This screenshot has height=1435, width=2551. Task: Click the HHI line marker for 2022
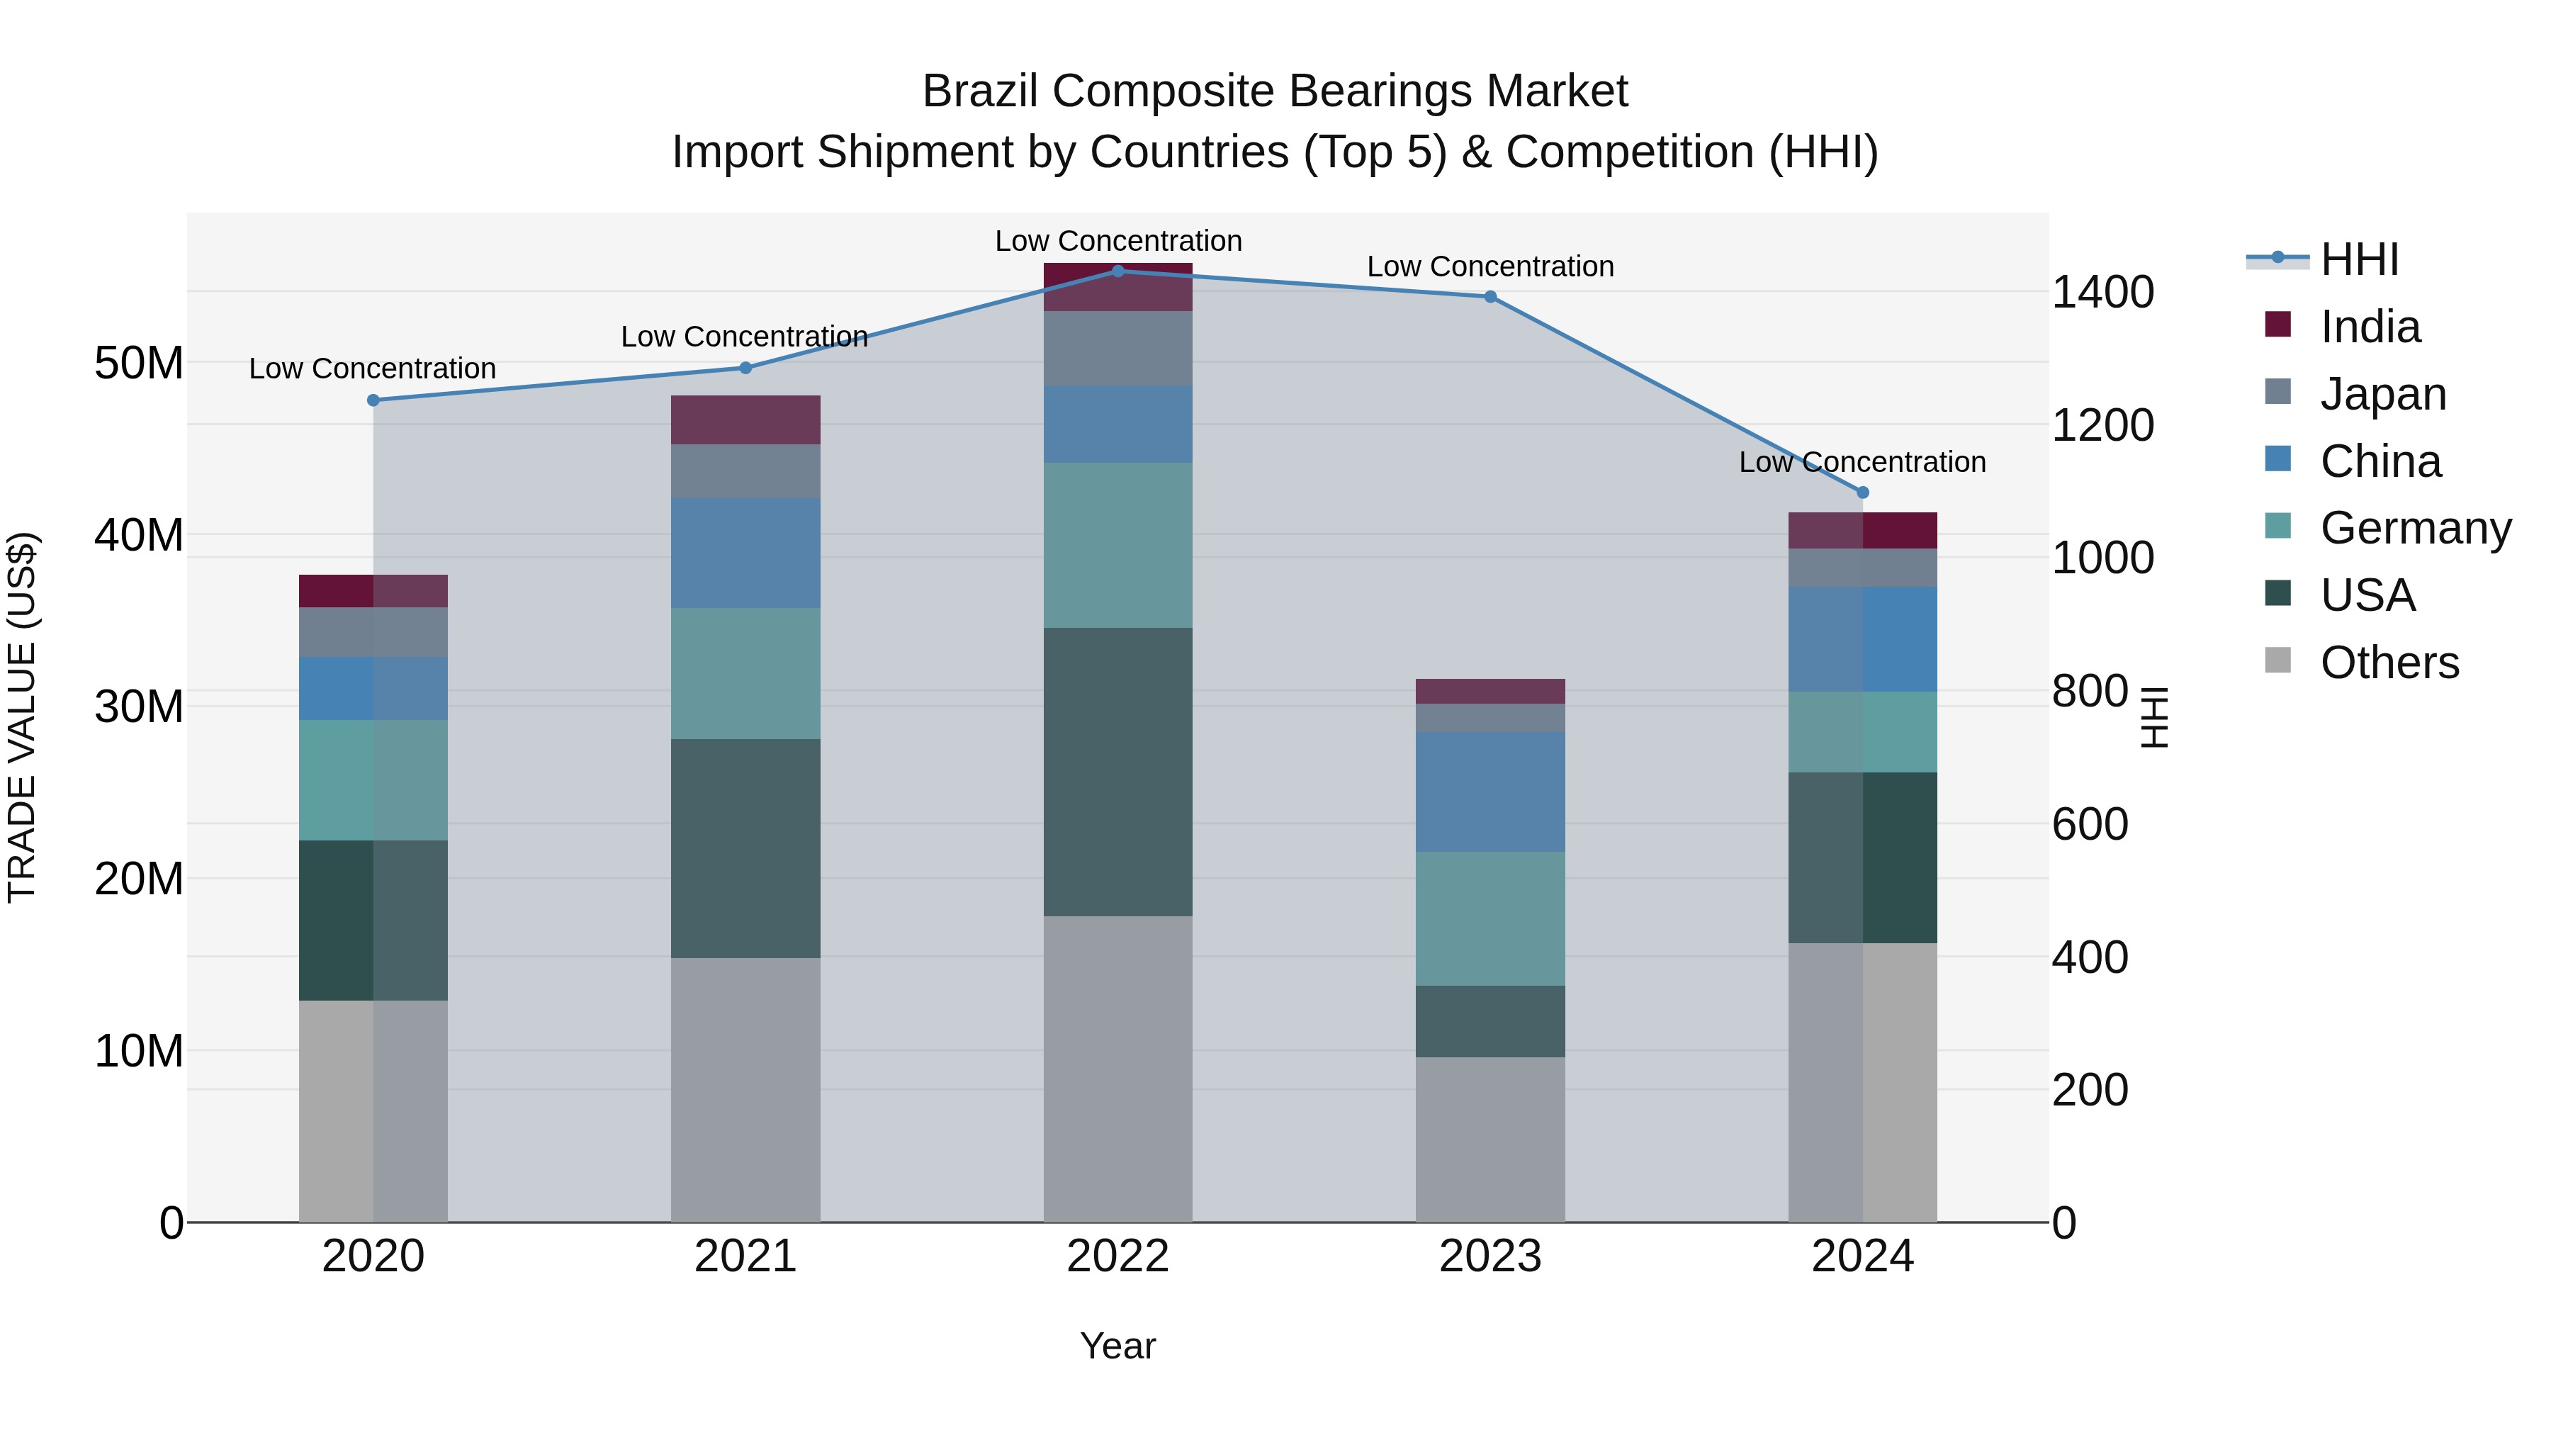tap(1118, 271)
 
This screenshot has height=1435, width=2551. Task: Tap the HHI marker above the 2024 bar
tap(1863, 493)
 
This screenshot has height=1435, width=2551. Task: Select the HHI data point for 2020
tap(373, 400)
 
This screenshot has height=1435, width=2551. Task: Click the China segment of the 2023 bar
tap(1490, 792)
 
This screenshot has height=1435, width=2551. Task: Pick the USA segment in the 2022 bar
tap(1118, 772)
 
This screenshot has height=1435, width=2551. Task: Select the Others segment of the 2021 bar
tap(745, 1089)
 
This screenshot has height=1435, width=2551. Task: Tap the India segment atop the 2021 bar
tap(745, 420)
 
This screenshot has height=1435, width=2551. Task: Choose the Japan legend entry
tap(2382, 394)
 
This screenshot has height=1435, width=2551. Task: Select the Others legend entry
tap(2389, 663)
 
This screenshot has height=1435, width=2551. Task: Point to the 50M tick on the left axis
tap(139, 364)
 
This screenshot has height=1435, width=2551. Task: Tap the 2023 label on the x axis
tap(1490, 1256)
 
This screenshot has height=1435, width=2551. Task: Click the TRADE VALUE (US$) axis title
tap(23, 717)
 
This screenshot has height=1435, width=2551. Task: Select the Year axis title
tap(1118, 1346)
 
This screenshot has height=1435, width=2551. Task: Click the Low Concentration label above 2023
tap(1490, 266)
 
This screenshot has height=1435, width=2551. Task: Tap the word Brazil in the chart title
tap(981, 91)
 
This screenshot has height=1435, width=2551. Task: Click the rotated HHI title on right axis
tap(2155, 717)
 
